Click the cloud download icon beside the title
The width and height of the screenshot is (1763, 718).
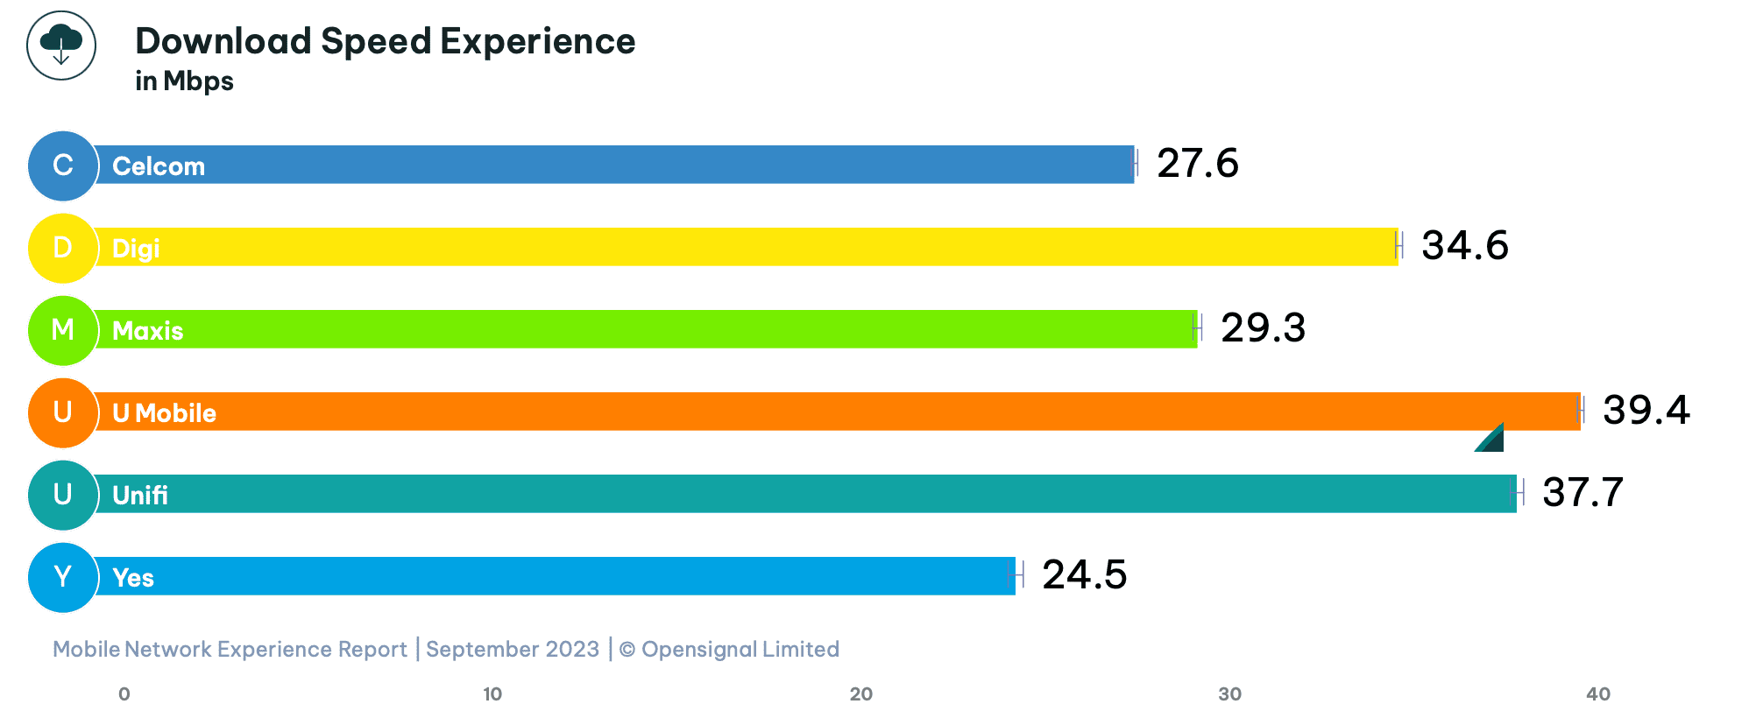(x=60, y=45)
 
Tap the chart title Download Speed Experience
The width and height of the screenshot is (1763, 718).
(x=385, y=41)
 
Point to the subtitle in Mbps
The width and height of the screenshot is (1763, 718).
(x=184, y=81)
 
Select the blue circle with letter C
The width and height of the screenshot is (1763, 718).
(x=62, y=165)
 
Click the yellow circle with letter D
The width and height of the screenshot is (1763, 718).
(x=62, y=248)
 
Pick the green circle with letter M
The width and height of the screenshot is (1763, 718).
(x=62, y=330)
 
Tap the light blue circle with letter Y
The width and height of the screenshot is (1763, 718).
(x=62, y=577)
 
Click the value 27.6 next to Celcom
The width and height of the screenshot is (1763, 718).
(x=1197, y=164)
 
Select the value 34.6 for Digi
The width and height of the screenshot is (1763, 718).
(x=1464, y=246)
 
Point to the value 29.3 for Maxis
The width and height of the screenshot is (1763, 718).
(x=1263, y=328)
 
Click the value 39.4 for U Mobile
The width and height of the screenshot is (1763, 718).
(x=1646, y=411)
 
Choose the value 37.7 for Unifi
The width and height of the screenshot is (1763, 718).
(x=1582, y=493)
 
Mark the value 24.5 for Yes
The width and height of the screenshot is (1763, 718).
(x=1084, y=575)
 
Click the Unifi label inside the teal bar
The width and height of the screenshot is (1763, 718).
(x=140, y=496)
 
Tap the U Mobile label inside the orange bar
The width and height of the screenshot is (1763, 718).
(x=164, y=413)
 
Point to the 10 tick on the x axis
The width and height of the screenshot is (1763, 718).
(x=492, y=694)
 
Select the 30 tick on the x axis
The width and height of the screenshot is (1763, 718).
(x=1229, y=694)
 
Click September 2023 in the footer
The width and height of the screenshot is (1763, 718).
(x=513, y=650)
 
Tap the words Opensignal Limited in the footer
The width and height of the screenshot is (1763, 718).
(x=740, y=650)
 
